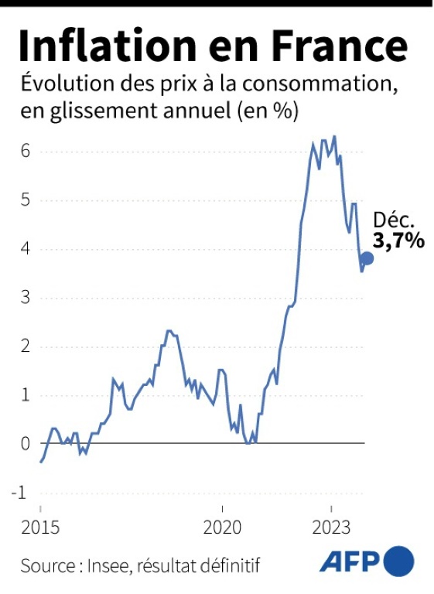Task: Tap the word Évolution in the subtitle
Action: (62, 84)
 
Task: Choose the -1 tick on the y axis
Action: (22, 492)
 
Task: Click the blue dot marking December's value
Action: (367, 258)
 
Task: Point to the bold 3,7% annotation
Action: (399, 241)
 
